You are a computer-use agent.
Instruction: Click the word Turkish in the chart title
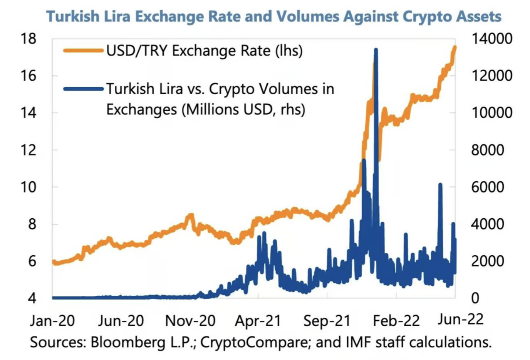[72, 17]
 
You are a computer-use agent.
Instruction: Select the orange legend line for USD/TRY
[83, 50]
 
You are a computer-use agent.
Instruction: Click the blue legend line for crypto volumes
[83, 89]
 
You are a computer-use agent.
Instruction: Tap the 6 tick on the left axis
[32, 261]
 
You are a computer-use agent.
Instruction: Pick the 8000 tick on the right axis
[488, 150]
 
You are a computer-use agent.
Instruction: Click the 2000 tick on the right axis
[488, 261]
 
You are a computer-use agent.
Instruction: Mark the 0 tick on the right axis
[475, 298]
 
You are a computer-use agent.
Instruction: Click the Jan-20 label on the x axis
[52, 320]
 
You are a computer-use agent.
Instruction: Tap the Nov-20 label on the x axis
[190, 320]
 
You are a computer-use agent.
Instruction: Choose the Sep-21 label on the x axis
[327, 320]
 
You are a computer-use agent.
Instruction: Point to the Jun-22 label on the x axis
[460, 319]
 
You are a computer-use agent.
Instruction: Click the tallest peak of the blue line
[376, 50]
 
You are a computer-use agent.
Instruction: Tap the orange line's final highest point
[455, 47]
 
